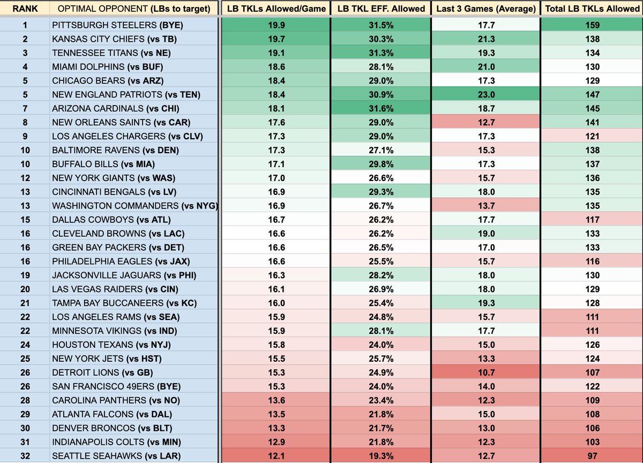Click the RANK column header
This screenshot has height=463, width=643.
(x=25, y=9)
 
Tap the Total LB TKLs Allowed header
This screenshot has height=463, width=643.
(x=592, y=9)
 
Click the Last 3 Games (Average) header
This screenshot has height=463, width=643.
(x=485, y=9)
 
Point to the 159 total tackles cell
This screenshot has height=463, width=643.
(x=592, y=25)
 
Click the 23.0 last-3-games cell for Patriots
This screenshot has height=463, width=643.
(x=485, y=94)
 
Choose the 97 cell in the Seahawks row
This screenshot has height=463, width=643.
(x=592, y=456)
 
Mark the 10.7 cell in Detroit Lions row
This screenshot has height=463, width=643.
(x=485, y=372)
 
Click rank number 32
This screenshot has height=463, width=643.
(x=25, y=456)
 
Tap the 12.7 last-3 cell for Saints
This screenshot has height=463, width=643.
(x=485, y=122)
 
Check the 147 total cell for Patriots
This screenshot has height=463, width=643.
(x=592, y=94)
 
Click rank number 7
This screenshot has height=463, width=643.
(x=25, y=108)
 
